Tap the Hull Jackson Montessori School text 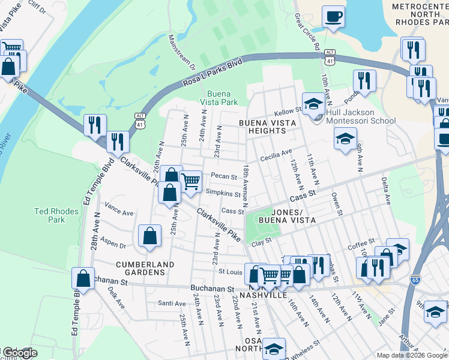tap(361, 116)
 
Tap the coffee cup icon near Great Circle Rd tap(333, 16)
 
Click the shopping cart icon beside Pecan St tap(190, 181)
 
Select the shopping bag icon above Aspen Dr tap(149, 236)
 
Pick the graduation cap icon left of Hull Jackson tap(312, 104)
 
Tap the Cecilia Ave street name tap(276, 155)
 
